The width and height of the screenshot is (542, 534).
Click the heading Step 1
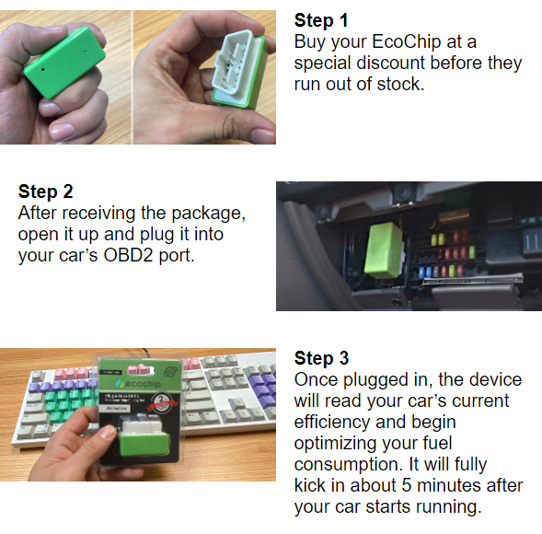(x=321, y=20)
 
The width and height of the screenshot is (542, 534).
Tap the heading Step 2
(x=46, y=192)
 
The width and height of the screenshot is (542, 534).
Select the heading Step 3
(x=321, y=358)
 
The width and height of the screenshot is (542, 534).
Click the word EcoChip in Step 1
(x=407, y=41)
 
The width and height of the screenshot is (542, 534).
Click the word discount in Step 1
(x=390, y=63)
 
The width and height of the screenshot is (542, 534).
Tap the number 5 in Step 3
(x=407, y=485)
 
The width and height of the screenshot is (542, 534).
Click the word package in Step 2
(x=208, y=214)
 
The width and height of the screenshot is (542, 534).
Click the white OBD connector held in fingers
(x=235, y=64)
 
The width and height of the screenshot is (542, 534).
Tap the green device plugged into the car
(x=384, y=250)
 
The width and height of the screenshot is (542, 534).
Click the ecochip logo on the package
(x=139, y=383)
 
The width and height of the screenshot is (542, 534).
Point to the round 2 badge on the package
(x=160, y=402)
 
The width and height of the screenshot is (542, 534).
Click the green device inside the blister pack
(x=144, y=444)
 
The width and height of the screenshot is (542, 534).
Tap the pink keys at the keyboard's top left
(x=73, y=373)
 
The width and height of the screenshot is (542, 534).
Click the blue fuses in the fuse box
(x=425, y=272)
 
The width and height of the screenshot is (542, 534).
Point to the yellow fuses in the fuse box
(x=438, y=239)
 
